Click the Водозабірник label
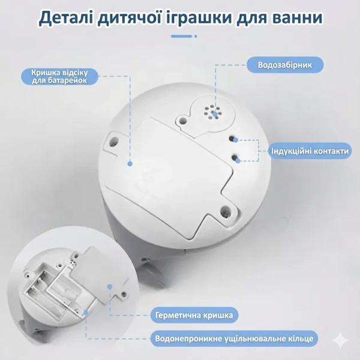click(x=284, y=64)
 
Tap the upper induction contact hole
click(x=234, y=139)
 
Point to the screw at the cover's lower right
click(x=225, y=212)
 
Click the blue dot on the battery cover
click(x=130, y=162)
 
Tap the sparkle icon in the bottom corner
click(x=340, y=340)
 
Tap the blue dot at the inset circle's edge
click(x=110, y=286)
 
